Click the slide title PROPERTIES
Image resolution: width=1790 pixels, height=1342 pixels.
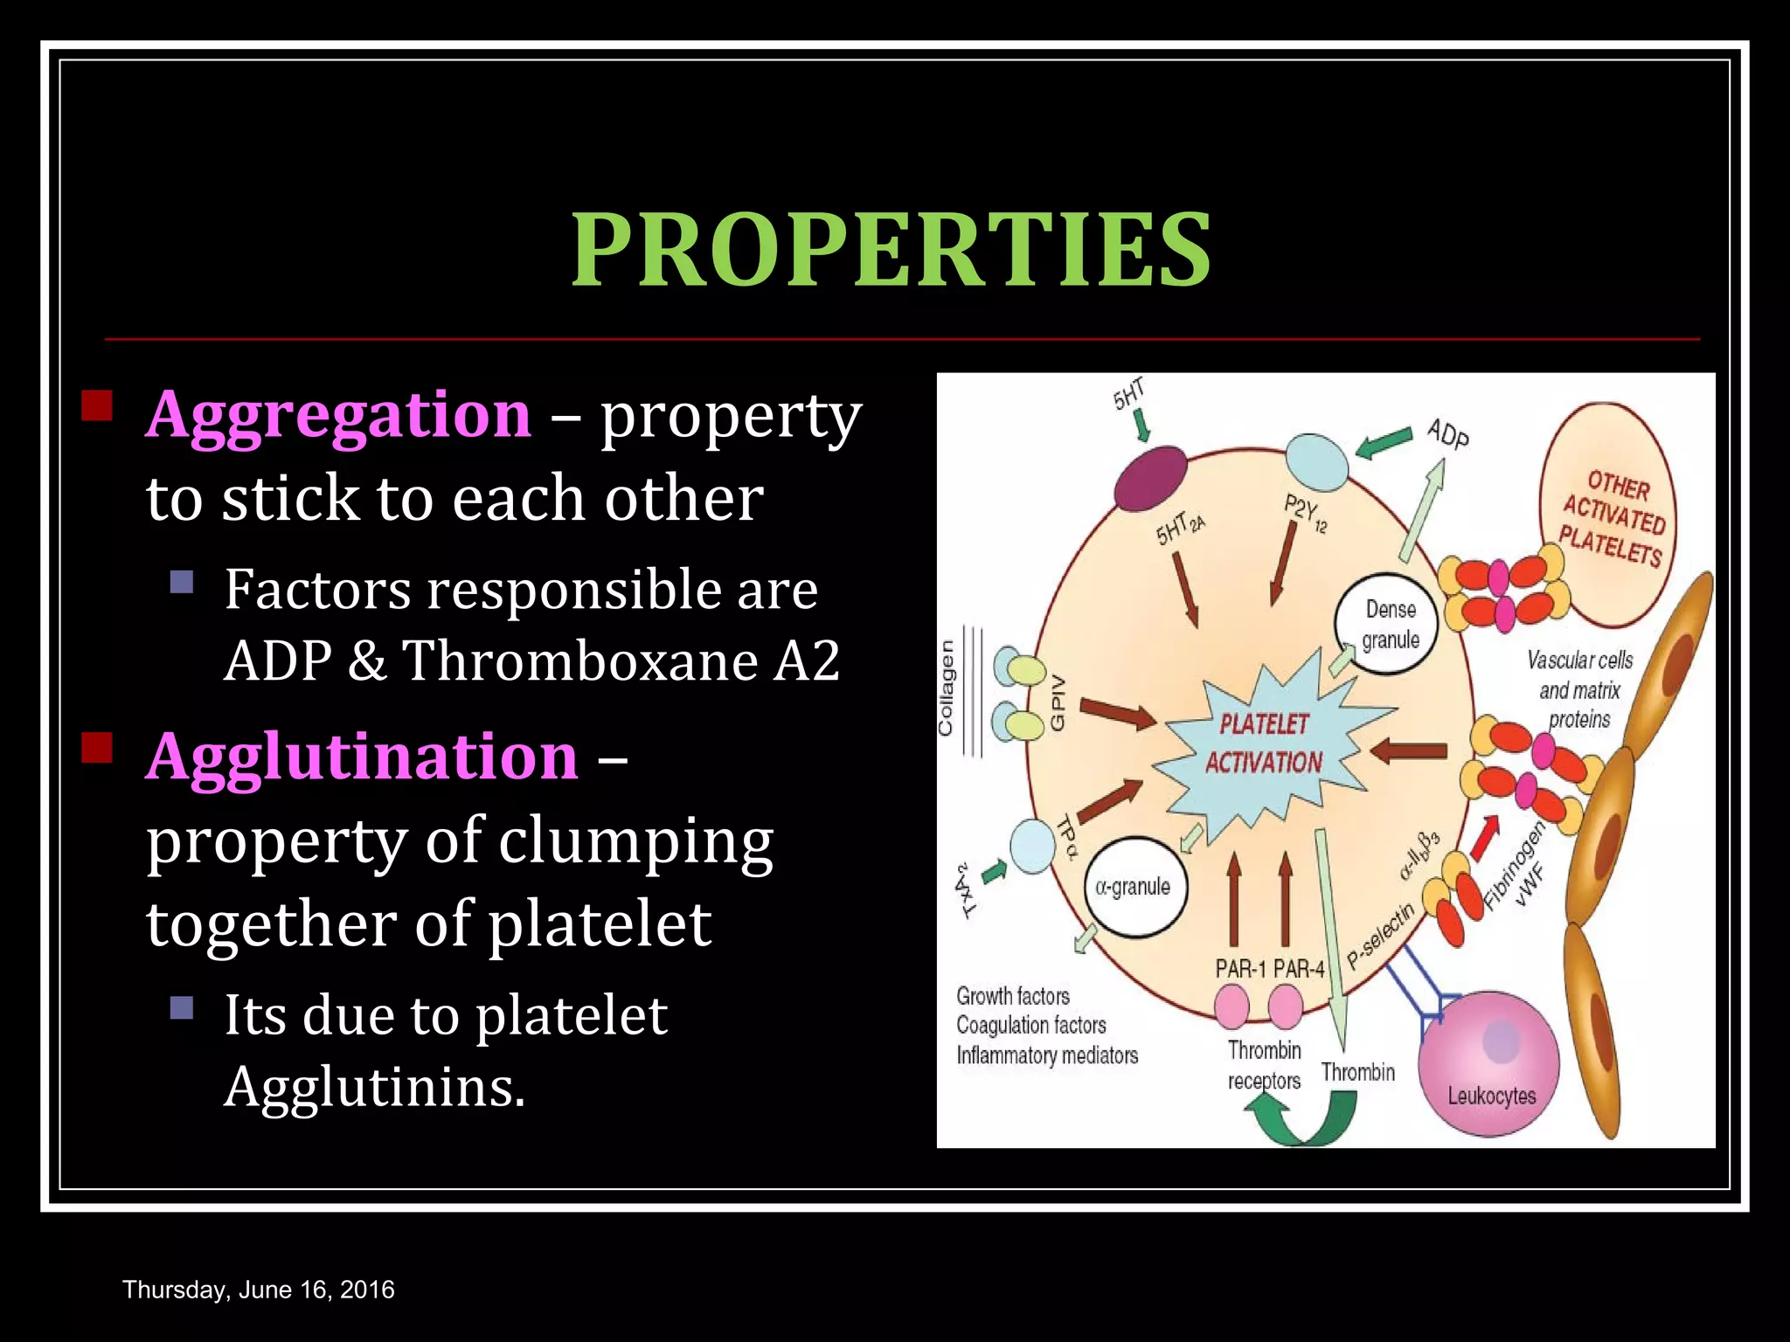click(x=892, y=251)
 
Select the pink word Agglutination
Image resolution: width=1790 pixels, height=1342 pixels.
click(x=362, y=757)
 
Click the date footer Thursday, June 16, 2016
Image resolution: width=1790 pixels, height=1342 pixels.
click(x=259, y=1290)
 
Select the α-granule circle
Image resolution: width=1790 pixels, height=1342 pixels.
click(x=1134, y=887)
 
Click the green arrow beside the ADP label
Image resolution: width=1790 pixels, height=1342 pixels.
click(x=1384, y=442)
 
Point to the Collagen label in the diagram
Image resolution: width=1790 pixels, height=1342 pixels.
click(x=946, y=688)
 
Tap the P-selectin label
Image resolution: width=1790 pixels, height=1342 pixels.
click(x=1380, y=937)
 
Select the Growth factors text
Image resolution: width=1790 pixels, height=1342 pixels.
click(x=1013, y=996)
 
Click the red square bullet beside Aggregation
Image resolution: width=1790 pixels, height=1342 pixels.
click(x=97, y=406)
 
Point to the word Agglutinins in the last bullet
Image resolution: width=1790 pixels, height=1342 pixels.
click(x=375, y=1088)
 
